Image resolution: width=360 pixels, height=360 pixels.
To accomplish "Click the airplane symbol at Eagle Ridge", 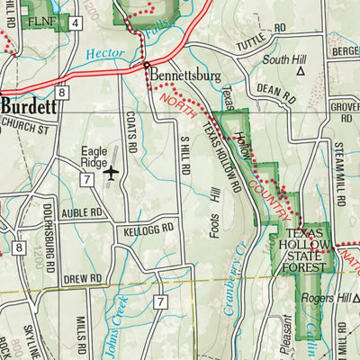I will [112, 172].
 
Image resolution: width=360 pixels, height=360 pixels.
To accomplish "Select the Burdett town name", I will [29, 105].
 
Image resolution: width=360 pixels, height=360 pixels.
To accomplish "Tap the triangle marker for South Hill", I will [301, 68].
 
